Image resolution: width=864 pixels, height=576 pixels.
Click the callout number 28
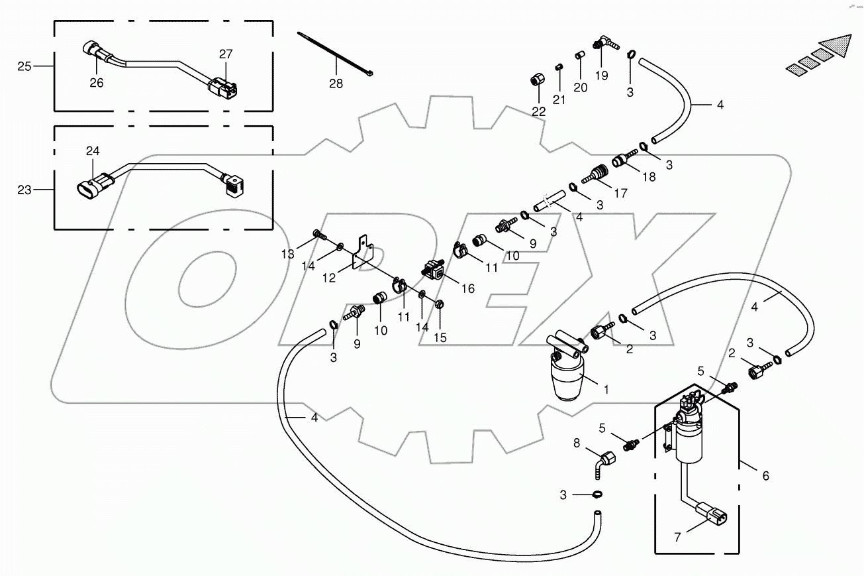click(336, 84)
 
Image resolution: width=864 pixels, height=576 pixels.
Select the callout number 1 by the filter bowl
click(605, 390)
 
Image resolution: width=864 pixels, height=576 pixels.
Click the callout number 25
click(24, 66)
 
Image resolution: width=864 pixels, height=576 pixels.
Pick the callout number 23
click(24, 190)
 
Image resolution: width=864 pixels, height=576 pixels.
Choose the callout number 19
click(600, 76)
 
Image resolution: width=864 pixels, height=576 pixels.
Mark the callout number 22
click(539, 111)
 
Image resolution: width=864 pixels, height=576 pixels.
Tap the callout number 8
click(577, 443)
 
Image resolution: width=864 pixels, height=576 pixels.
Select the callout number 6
click(765, 475)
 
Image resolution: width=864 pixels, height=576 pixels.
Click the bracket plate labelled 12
click(362, 253)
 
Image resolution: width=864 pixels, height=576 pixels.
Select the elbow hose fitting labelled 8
click(603, 462)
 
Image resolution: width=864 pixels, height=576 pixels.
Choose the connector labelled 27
click(222, 88)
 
